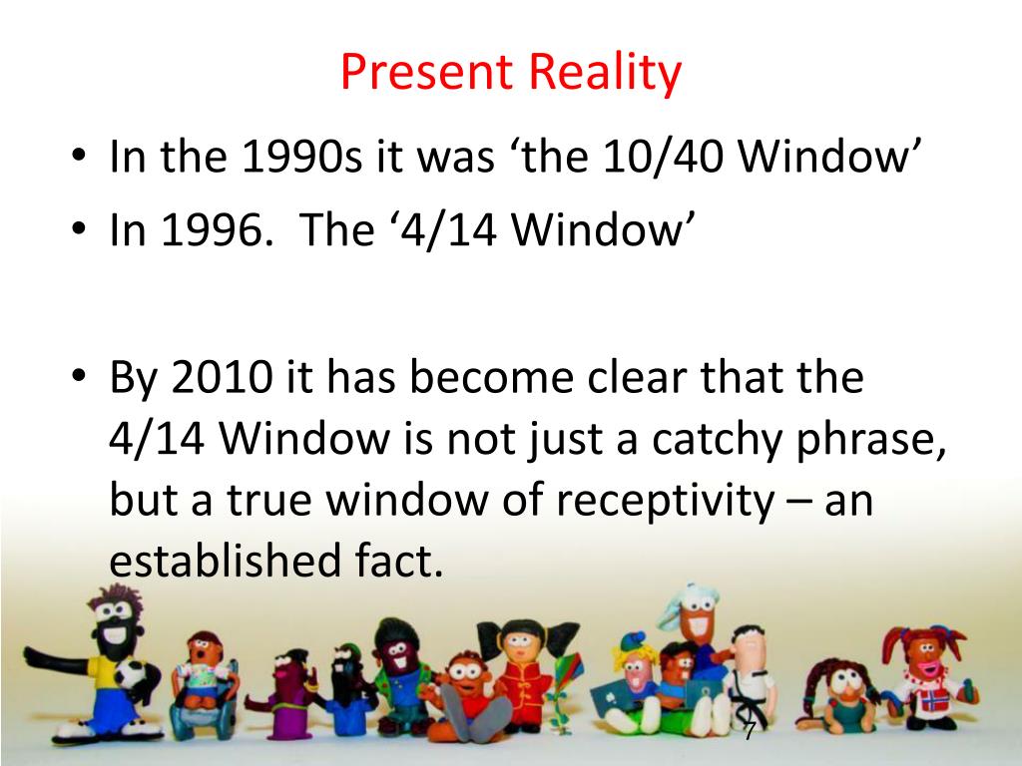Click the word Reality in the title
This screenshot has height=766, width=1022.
(605, 73)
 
